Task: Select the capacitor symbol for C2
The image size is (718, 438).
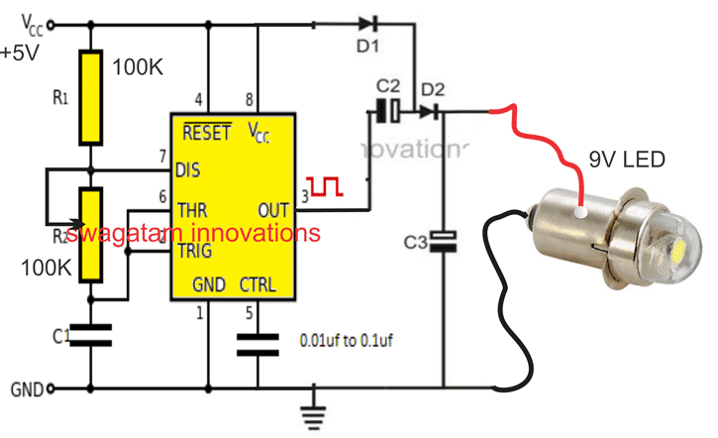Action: coord(387,111)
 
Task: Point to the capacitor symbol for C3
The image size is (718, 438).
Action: coord(447,239)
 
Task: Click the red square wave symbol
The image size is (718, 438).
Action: coord(325,185)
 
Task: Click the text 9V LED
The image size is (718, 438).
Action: coord(627,160)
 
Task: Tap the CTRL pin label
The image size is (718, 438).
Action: coord(257,285)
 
